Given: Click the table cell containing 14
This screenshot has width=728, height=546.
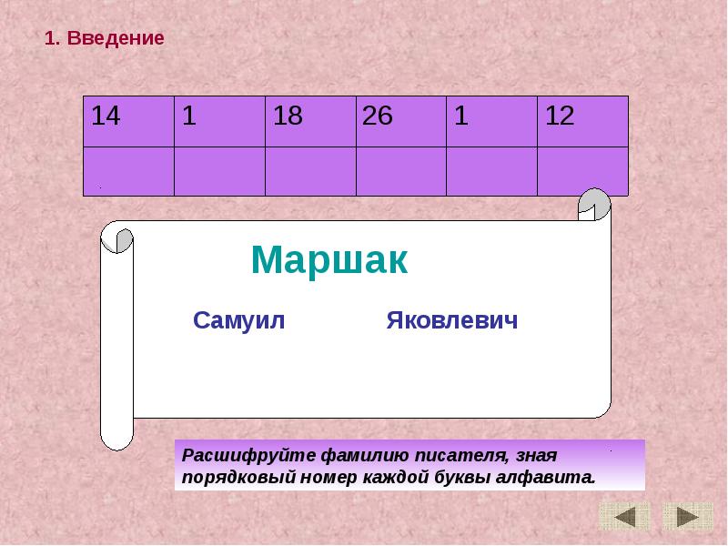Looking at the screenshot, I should (128, 120).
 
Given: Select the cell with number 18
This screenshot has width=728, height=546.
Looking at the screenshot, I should (310, 120).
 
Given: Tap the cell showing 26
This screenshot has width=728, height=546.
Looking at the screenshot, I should (400, 120).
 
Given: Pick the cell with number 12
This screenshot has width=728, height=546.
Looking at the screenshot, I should (582, 120).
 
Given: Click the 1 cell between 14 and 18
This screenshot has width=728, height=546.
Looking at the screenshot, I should (219, 120).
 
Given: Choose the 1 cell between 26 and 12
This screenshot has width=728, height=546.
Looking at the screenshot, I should (491, 120).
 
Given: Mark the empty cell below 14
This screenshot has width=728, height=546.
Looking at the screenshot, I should (128, 171).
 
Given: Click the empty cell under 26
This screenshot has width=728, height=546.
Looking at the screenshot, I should (400, 171).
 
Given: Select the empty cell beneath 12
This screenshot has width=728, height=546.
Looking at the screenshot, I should (582, 171).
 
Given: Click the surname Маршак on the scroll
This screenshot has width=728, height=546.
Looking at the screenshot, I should (329, 261).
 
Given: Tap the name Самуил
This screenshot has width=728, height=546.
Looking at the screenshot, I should (239, 321).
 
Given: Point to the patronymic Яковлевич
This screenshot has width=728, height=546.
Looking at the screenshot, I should (451, 321).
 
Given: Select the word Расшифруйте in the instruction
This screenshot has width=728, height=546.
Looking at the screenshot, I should (238, 454).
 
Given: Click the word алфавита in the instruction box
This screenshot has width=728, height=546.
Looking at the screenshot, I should (552, 477).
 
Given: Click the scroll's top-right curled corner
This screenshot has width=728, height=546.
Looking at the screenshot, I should (594, 206).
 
